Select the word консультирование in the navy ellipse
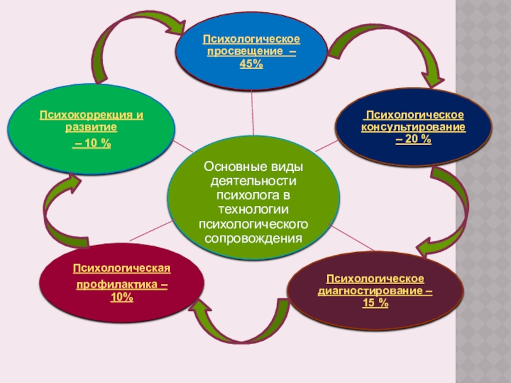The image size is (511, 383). click(x=414, y=126)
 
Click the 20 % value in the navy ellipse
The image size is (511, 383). click(x=413, y=138)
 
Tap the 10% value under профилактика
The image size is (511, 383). click(x=121, y=297)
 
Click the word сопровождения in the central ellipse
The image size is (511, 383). click(x=253, y=239)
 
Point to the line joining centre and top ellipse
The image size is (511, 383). click(x=253, y=112)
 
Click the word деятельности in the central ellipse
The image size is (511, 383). click(x=253, y=181)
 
